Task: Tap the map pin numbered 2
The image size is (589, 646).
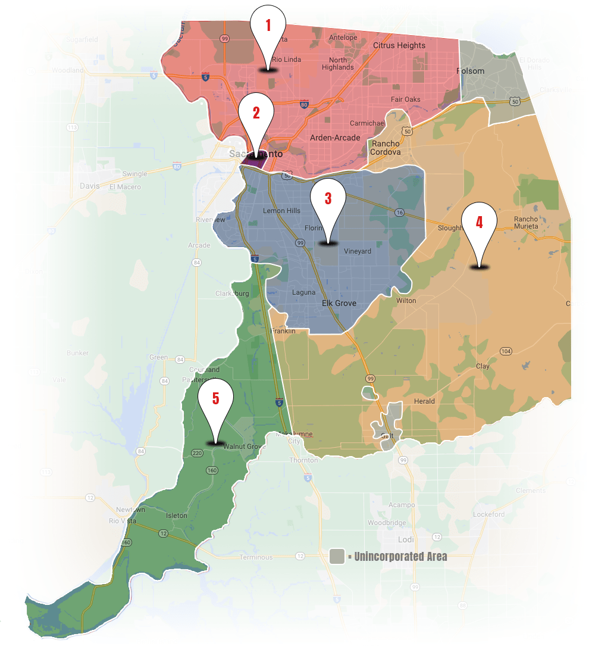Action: (x=256, y=116)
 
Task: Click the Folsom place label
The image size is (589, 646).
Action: (x=470, y=71)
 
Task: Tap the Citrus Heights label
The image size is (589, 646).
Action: (x=399, y=45)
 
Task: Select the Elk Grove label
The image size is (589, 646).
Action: (x=339, y=303)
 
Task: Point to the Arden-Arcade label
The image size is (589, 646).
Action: (x=335, y=138)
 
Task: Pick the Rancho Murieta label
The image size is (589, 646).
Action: (x=526, y=222)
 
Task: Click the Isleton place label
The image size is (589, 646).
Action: (x=176, y=516)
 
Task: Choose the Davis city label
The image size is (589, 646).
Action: (x=90, y=186)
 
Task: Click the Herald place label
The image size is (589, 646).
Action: (x=424, y=401)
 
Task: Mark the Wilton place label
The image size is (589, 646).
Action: (x=406, y=301)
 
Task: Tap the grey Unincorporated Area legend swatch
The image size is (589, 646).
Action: (x=337, y=557)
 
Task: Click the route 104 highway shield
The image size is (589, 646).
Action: (x=506, y=351)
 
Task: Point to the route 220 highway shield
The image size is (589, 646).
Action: (x=198, y=452)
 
